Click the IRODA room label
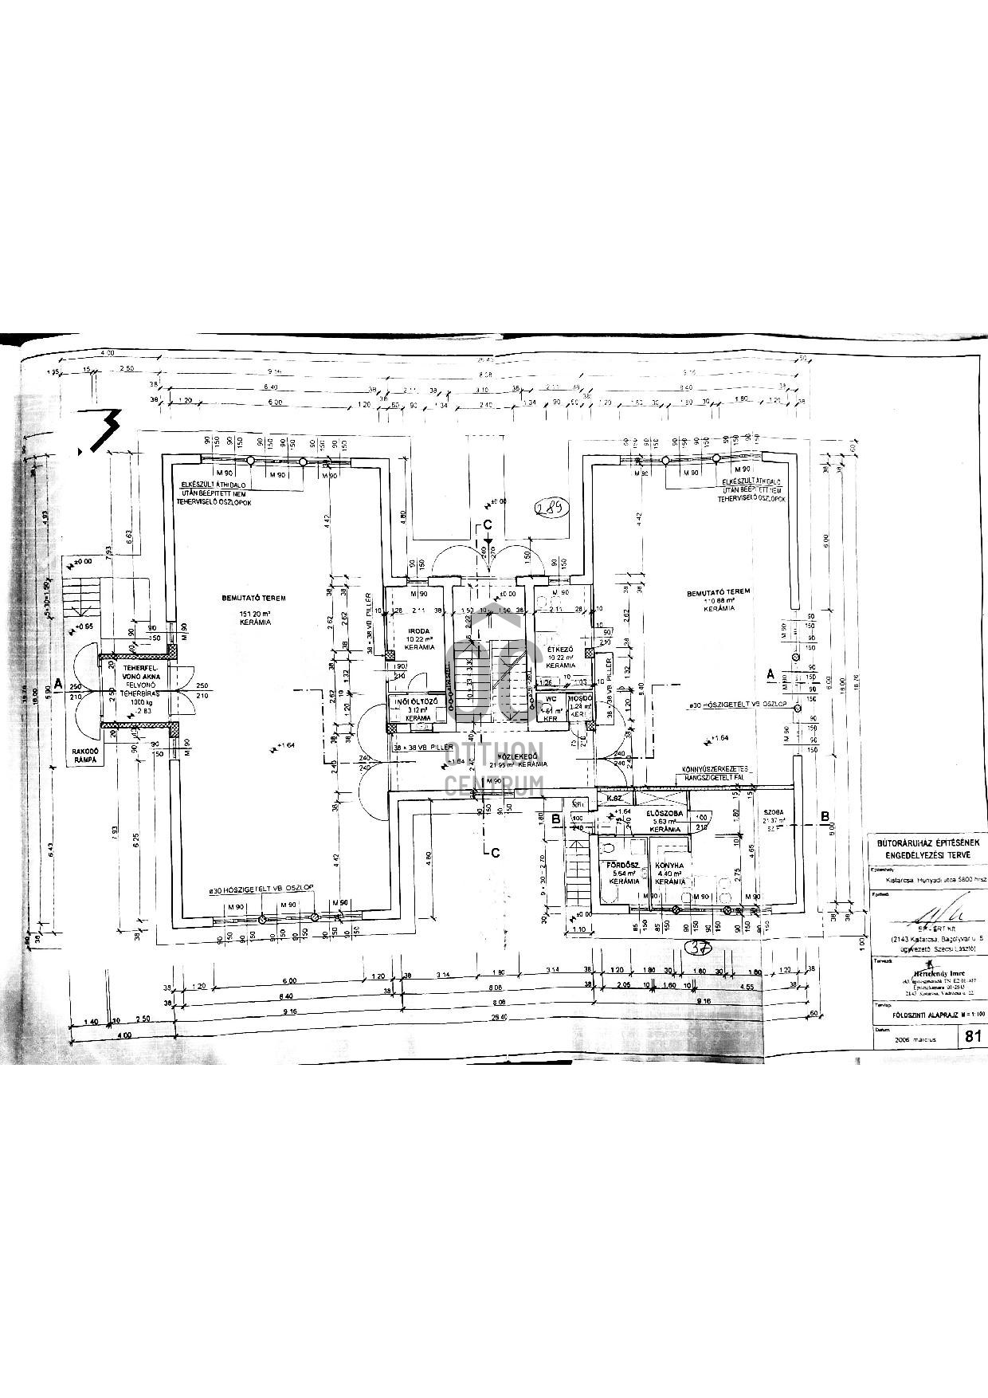(x=419, y=630)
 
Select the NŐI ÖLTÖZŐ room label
(x=418, y=701)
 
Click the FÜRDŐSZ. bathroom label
(x=624, y=865)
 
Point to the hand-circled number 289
(x=551, y=508)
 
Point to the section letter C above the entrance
(x=488, y=524)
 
